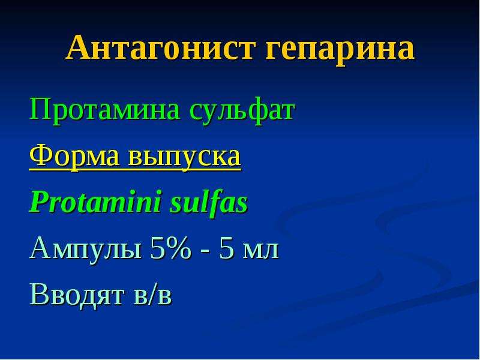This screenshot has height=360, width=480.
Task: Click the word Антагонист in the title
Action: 161,47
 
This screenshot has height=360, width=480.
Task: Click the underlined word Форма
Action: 74,157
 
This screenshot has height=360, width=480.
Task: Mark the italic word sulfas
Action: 209,202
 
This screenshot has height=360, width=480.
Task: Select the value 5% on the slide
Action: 170,248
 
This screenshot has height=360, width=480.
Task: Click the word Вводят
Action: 77,295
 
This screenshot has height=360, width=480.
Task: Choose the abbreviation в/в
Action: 153,294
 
